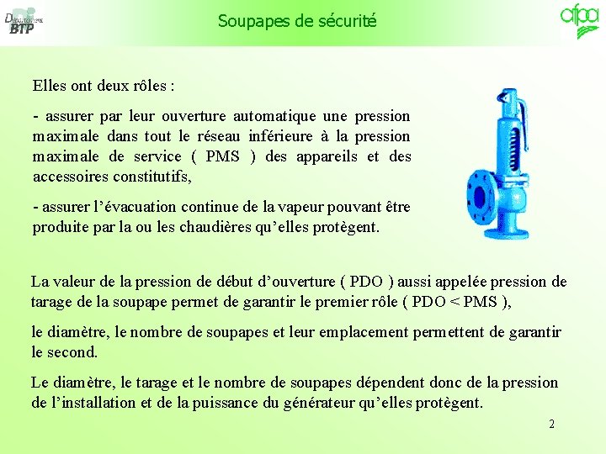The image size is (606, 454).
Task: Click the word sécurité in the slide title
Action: [345, 21]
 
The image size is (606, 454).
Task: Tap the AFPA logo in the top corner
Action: [579, 20]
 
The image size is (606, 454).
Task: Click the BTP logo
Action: [24, 23]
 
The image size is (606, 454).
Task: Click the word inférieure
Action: [281, 136]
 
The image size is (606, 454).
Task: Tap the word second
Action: [72, 352]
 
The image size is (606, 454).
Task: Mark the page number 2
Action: [551, 424]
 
